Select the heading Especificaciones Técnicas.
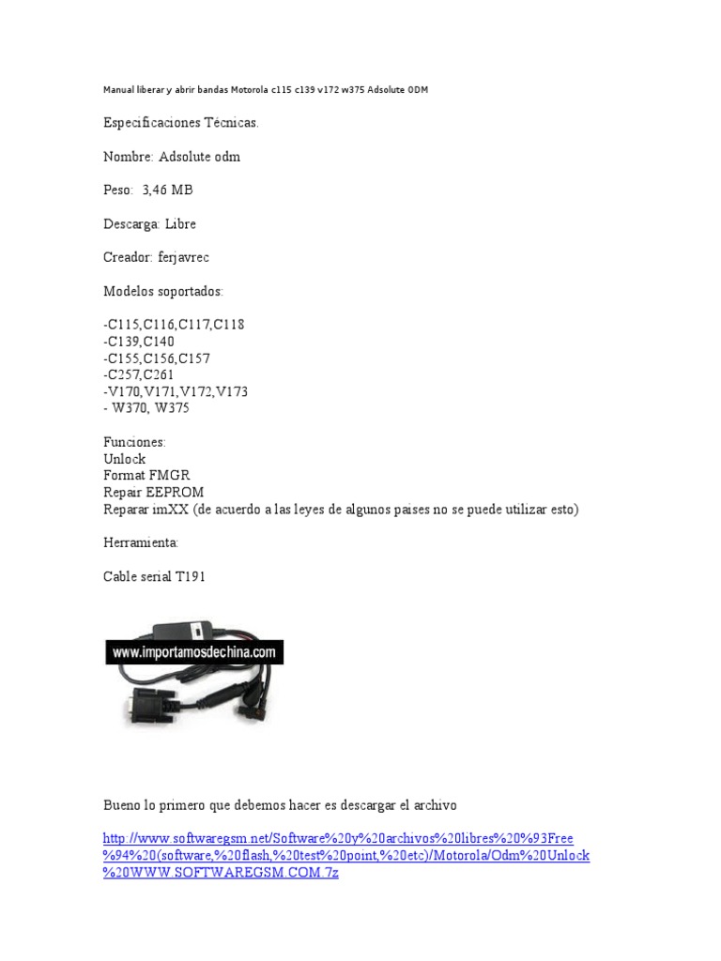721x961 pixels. click(x=180, y=123)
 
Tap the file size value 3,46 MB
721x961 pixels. click(x=168, y=191)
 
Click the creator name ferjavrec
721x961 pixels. click(x=191, y=257)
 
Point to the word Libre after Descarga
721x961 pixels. click(x=181, y=224)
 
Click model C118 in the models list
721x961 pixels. click(x=229, y=325)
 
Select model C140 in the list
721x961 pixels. click(x=159, y=342)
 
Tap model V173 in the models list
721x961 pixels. click(x=232, y=391)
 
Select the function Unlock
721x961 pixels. click(x=124, y=459)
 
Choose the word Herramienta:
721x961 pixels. click(x=141, y=542)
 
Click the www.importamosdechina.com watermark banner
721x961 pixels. click(x=194, y=651)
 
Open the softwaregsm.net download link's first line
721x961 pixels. click(x=338, y=838)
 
